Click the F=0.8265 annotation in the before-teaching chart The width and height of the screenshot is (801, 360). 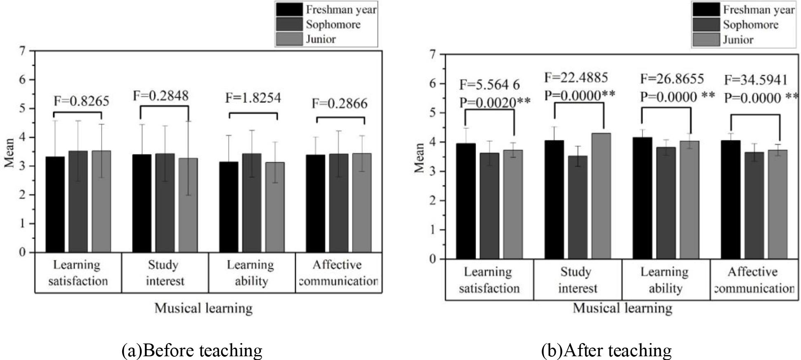pyautogui.click(x=82, y=101)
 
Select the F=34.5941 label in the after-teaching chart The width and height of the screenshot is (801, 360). pyautogui.click(x=756, y=80)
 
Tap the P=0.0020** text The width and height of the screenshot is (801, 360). pyautogui.click(x=494, y=102)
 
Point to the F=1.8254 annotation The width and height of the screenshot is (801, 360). pyautogui.click(x=253, y=98)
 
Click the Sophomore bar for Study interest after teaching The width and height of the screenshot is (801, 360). pyautogui.click(x=578, y=207)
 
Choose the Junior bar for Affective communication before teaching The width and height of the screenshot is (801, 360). pyautogui.click(x=362, y=203)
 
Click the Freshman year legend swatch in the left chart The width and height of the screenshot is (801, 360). pyautogui.click(x=289, y=9)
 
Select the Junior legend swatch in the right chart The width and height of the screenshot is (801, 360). pyautogui.click(x=706, y=40)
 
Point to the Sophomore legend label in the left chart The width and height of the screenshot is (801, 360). pyautogui.click(x=333, y=24)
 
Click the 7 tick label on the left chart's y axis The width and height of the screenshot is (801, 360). pyautogui.click(x=22, y=51)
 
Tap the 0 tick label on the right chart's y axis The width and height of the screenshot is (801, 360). pyautogui.click(x=432, y=259)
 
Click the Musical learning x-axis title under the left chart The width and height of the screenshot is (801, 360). pyautogui.click(x=203, y=308)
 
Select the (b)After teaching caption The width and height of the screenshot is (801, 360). pyautogui.click(x=606, y=350)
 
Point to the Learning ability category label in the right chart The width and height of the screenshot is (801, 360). pyautogui.click(x=665, y=280)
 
